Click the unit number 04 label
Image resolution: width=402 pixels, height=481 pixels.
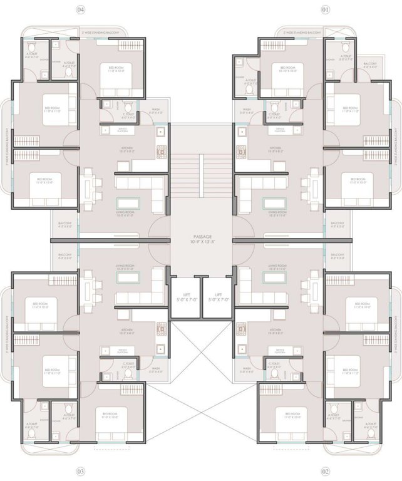point(80,10)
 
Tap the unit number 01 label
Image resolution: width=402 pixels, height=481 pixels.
point(325,10)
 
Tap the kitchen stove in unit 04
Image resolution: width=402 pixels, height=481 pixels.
point(161,152)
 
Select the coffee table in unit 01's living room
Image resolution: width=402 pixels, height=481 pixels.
point(272,205)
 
